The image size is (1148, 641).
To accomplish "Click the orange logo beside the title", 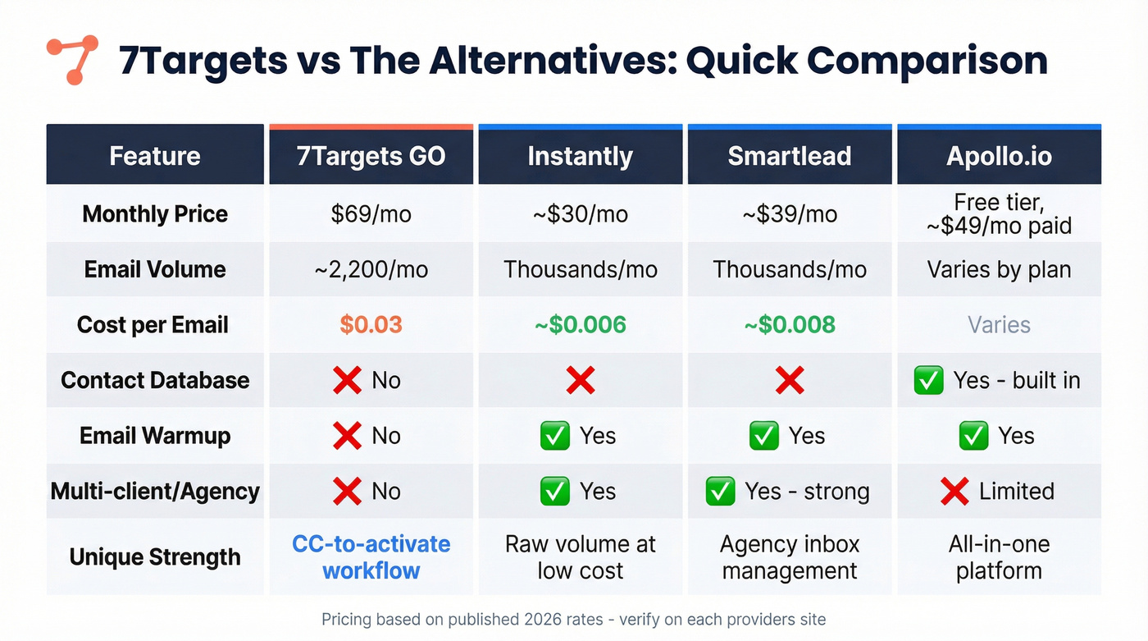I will [72, 60].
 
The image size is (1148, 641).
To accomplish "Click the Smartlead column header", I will [790, 156].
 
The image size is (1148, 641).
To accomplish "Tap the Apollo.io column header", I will [999, 156].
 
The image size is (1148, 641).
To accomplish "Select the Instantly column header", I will [580, 156].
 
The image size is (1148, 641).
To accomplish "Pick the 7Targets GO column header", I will [371, 156].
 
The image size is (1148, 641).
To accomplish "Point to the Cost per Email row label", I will [153, 325].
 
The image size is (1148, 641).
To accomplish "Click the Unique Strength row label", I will [155, 557].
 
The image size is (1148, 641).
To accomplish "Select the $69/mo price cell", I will [371, 215].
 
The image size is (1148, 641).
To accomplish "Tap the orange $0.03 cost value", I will [371, 325].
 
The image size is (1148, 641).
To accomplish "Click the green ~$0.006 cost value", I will [580, 325].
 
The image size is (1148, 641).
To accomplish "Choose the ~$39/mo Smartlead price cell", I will [790, 215].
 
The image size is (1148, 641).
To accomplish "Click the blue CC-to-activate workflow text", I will [371, 557].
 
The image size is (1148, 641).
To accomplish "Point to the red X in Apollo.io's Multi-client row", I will [954, 492].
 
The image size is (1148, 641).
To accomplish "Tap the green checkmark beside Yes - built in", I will [928, 381].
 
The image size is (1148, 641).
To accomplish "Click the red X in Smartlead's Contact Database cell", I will [790, 381].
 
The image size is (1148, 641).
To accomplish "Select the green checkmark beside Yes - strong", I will [720, 492].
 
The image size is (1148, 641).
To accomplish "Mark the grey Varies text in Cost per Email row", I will [999, 325].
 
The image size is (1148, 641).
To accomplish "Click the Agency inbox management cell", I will [790, 557].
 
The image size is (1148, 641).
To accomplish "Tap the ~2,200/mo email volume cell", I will [371, 269].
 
